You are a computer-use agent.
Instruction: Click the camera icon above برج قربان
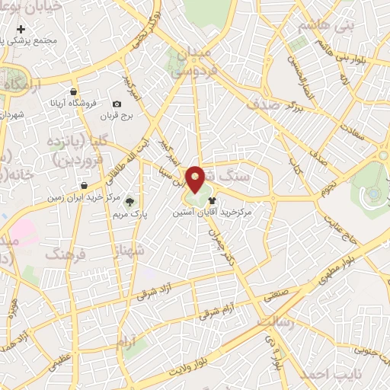(x=117, y=104)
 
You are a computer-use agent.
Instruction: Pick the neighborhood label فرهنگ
(x=64, y=252)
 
